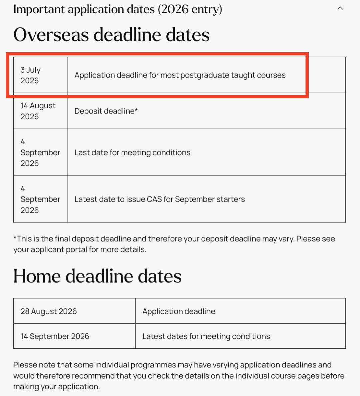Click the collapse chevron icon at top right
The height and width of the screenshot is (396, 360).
[x=340, y=8]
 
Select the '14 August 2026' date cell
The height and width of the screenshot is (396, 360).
[x=38, y=111]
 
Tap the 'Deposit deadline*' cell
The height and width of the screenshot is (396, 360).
[x=106, y=111]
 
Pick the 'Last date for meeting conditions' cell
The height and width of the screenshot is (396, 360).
[x=132, y=153]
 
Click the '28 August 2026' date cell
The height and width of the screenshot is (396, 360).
[x=49, y=311]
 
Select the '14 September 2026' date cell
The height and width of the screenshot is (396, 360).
[x=55, y=336]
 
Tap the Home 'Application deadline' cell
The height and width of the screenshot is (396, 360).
[x=179, y=311]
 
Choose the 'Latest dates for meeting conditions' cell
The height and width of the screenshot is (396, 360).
[x=206, y=336]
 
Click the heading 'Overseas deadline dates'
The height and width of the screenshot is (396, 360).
[x=111, y=35]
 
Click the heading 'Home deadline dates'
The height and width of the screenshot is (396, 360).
[x=97, y=276]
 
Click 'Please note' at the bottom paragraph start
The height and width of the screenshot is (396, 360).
[x=34, y=365]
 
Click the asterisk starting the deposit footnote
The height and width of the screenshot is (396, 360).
[x=15, y=238]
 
